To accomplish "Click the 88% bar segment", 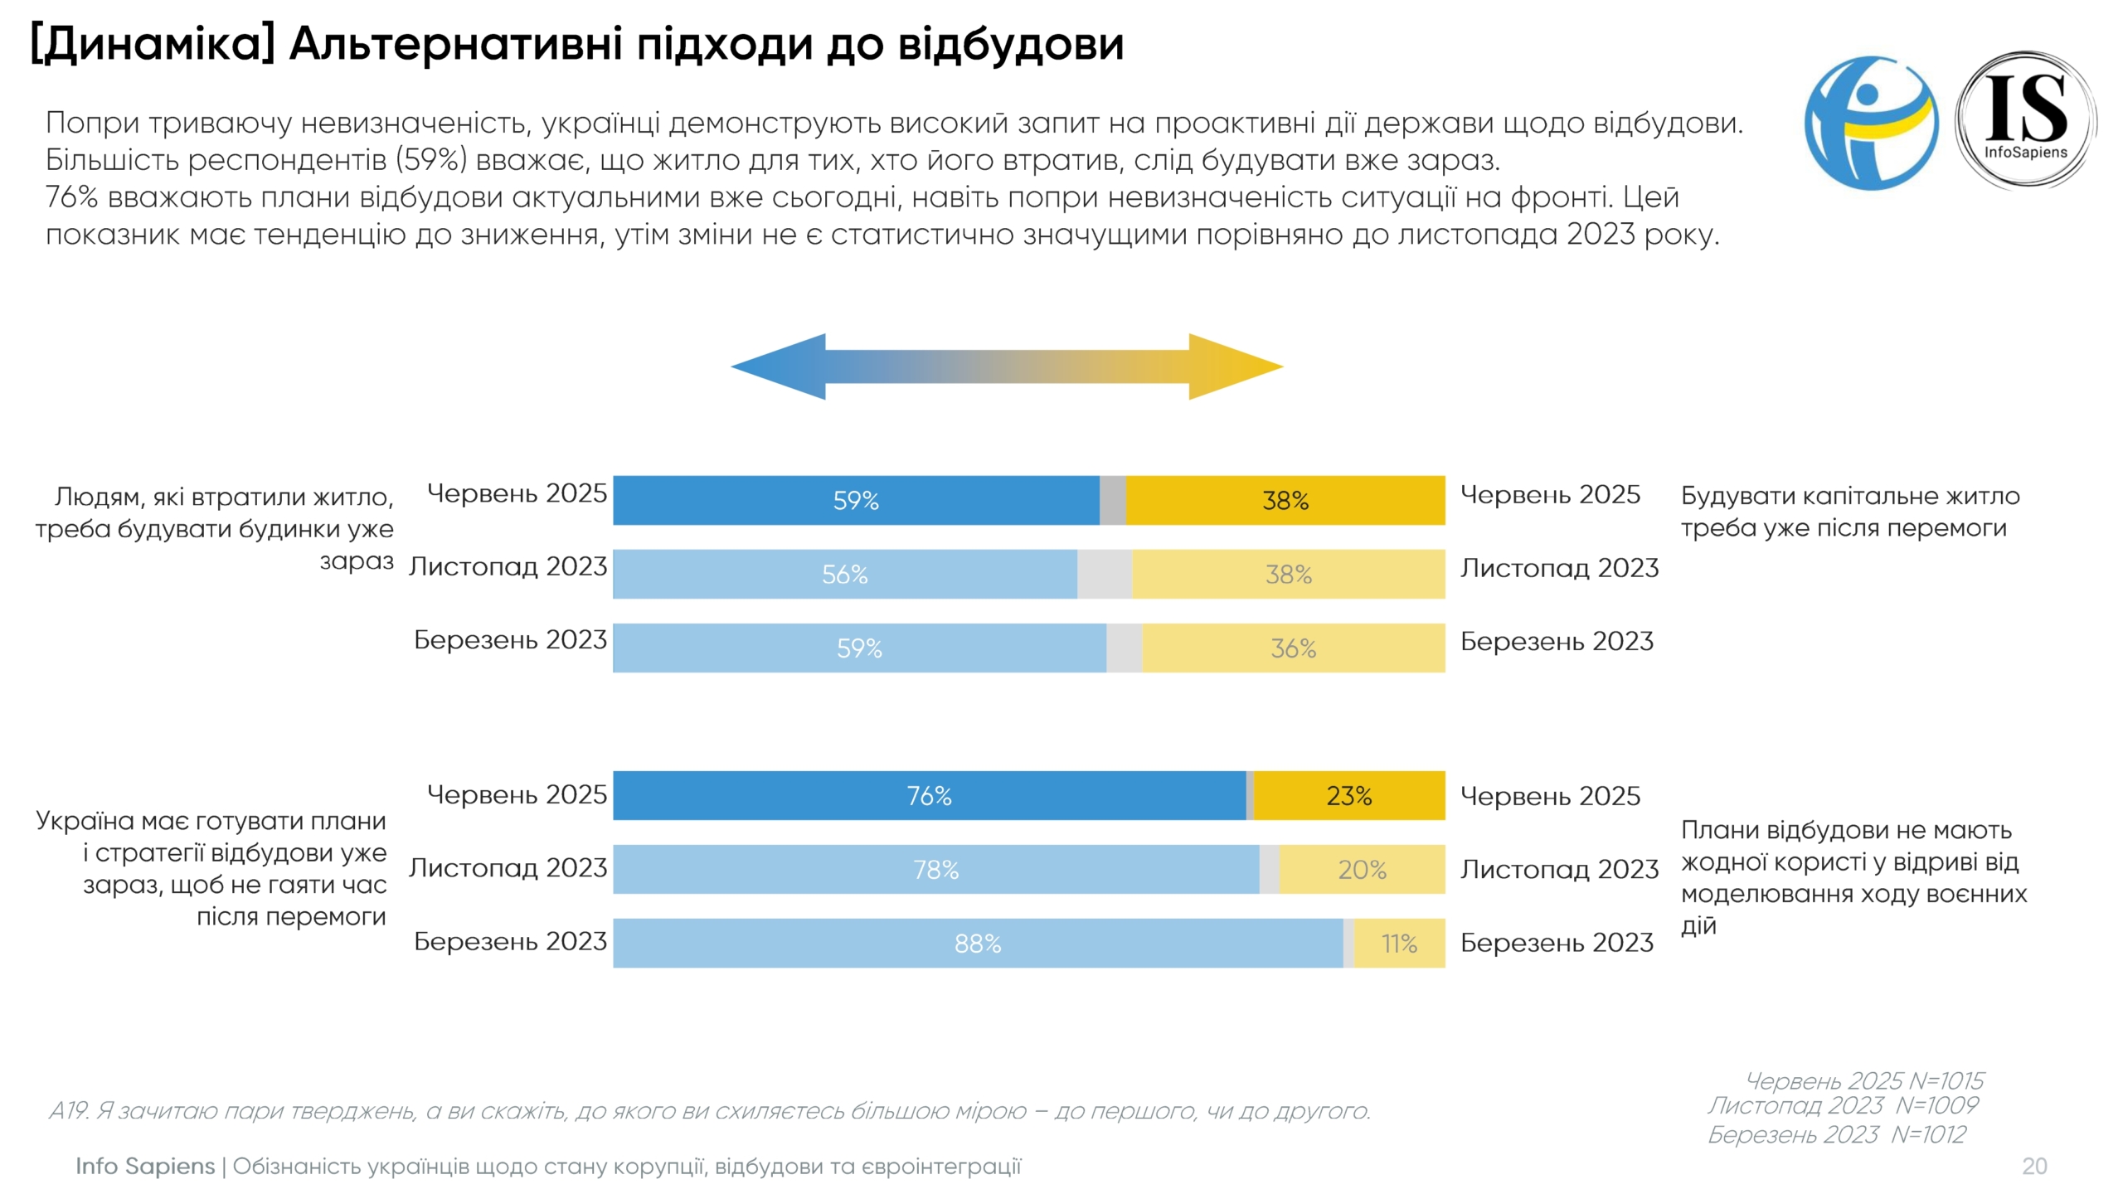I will pyautogui.click(x=978, y=943).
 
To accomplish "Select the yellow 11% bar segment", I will pyautogui.click(x=1399, y=943).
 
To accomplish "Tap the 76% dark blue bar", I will pyautogui.click(x=929, y=795).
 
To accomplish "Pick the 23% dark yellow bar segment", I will pyautogui.click(x=1349, y=795).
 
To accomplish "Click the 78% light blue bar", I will pyautogui.click(x=935, y=869).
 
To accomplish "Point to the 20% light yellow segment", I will pyautogui.click(x=1362, y=869).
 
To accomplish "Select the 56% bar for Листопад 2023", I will pyautogui.click(x=844, y=574).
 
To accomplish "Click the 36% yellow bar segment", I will pyautogui.click(x=1293, y=648).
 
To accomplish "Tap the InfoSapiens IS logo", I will pyautogui.click(x=2026, y=121).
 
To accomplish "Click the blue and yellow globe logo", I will pyautogui.click(x=1871, y=123).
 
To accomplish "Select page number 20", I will pyautogui.click(x=2034, y=1166).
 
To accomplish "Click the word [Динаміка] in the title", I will pyautogui.click(x=153, y=45).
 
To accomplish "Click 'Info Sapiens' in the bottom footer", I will pyautogui.click(x=145, y=1166).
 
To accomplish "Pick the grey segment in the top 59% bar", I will pyautogui.click(x=1112, y=500).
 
